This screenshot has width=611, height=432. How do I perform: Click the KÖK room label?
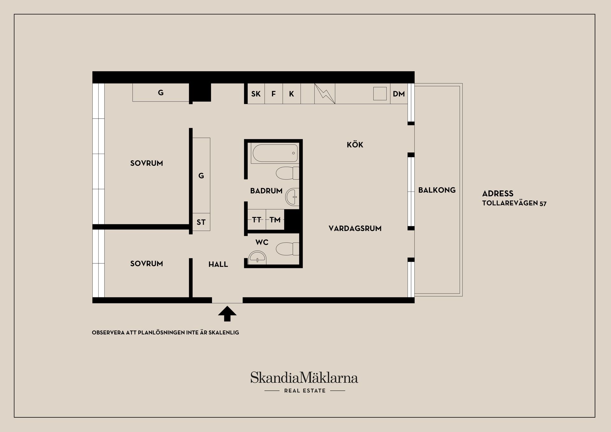[x=355, y=145]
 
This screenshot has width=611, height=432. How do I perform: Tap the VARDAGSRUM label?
[x=355, y=228]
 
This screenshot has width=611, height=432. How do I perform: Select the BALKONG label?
[x=437, y=190]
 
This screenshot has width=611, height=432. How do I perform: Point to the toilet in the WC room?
[x=287, y=249]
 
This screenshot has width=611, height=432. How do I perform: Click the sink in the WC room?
[x=257, y=257]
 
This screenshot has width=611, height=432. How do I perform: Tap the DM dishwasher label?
[x=399, y=94]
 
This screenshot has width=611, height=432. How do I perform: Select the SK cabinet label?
[x=256, y=94]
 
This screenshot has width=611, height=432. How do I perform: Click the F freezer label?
[x=273, y=94]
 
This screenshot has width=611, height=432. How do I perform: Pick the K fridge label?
[x=291, y=94]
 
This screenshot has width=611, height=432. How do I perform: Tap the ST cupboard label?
[x=201, y=222]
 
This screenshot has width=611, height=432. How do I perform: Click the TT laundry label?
[x=256, y=219]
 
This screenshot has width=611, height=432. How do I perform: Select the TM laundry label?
[x=275, y=219]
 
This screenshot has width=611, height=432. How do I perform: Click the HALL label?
[x=218, y=264]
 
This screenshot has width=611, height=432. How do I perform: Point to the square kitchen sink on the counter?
[x=380, y=94]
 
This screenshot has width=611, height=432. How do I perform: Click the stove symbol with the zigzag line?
[x=325, y=94]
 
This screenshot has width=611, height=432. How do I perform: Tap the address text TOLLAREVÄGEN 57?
[x=514, y=203]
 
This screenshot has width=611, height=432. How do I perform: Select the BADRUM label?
[x=266, y=191]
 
